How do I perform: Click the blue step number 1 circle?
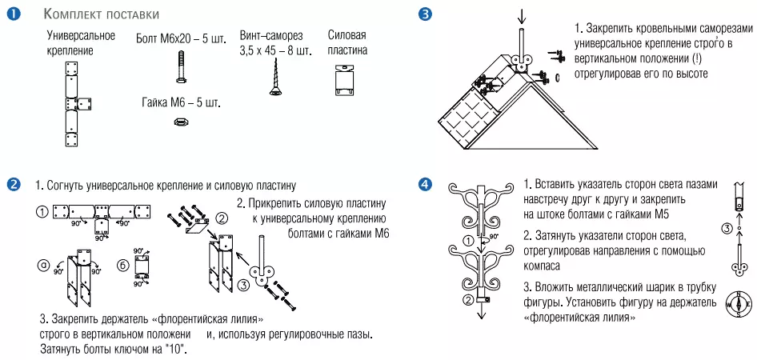[x=14, y=14]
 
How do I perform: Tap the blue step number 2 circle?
[x=14, y=184]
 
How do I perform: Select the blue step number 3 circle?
[x=425, y=14]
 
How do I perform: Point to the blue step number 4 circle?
[x=425, y=184]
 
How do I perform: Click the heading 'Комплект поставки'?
[x=111, y=14]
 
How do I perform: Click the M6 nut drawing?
[x=180, y=122]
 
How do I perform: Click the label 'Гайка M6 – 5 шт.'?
[x=180, y=103]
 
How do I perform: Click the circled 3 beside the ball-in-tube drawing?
[x=725, y=229]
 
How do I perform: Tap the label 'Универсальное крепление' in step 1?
[x=80, y=43]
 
